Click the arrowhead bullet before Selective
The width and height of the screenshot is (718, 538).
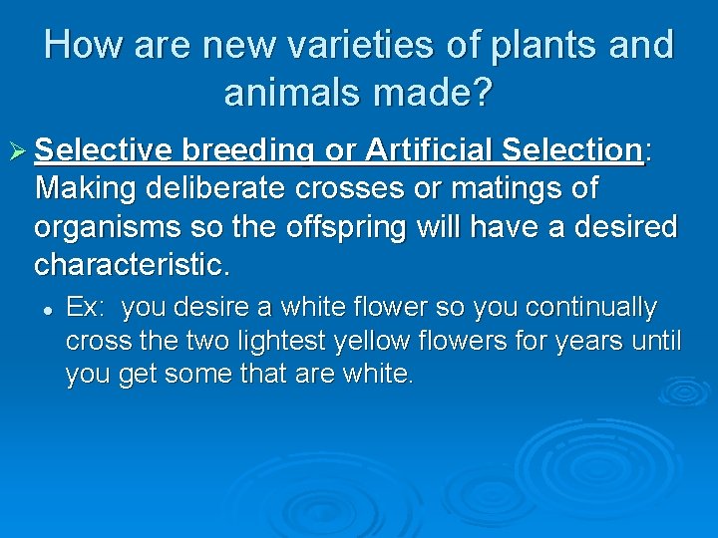coord(18,151)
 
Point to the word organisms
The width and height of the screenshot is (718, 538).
coord(110,227)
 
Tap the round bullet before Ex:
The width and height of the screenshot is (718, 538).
coord(47,309)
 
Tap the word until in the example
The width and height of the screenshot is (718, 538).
coord(659,342)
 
